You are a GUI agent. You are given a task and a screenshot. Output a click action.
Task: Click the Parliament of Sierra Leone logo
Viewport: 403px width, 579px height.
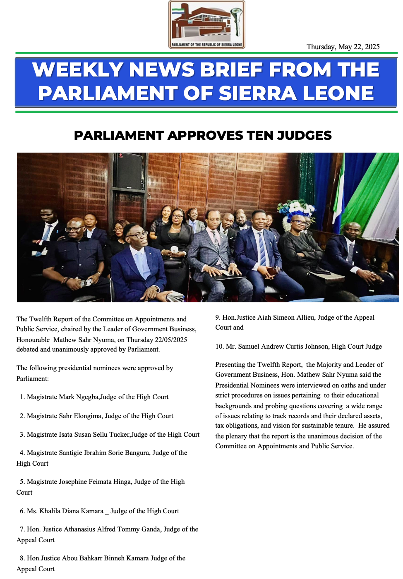(206, 25)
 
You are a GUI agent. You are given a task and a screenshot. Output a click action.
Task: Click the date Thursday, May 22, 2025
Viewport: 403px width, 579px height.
(343, 47)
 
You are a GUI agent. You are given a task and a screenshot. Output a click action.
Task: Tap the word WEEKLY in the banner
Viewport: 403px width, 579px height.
(77, 70)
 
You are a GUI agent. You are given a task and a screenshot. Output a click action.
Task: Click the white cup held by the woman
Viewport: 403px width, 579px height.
(174, 250)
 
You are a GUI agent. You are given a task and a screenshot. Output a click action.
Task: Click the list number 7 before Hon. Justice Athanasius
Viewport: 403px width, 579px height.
(22, 529)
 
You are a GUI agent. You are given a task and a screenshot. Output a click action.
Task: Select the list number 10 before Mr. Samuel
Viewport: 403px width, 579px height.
(219, 347)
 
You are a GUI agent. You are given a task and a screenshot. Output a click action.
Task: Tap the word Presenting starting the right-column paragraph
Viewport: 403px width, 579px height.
(230, 365)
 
